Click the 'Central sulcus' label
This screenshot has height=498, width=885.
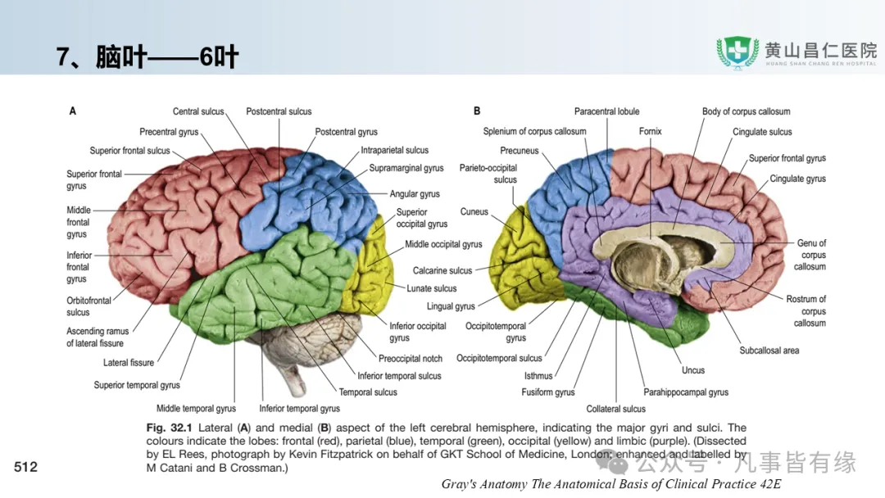[x=198, y=111]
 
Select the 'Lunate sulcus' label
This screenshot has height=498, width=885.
[x=432, y=288]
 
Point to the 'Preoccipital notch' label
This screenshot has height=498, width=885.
[x=411, y=359]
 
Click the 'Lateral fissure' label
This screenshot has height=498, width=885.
[x=129, y=363]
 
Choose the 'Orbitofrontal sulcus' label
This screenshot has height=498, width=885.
[x=88, y=306]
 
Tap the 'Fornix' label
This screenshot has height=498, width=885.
[x=651, y=132]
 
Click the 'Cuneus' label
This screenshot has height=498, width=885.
[x=474, y=212]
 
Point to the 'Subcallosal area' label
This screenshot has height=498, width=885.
[x=769, y=351]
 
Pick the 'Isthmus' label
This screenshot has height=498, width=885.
[x=538, y=376]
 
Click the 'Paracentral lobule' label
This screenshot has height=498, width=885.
[x=606, y=111]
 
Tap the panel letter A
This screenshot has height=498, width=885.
[x=73, y=111]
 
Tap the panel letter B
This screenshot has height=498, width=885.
[x=477, y=111]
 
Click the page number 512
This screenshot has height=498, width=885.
[x=26, y=467]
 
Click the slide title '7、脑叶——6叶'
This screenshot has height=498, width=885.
[x=147, y=57]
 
